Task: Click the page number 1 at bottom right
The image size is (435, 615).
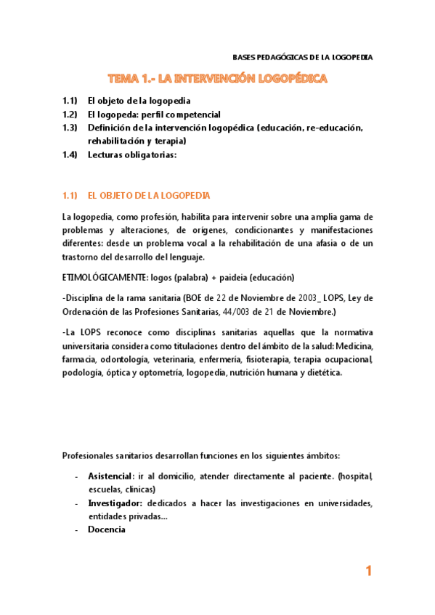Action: (x=368, y=571)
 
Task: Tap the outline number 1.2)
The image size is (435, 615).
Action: (x=70, y=115)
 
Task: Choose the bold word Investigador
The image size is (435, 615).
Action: (x=115, y=503)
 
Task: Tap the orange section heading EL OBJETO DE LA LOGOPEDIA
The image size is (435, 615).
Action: (x=148, y=196)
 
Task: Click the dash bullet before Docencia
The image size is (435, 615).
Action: (x=77, y=529)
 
